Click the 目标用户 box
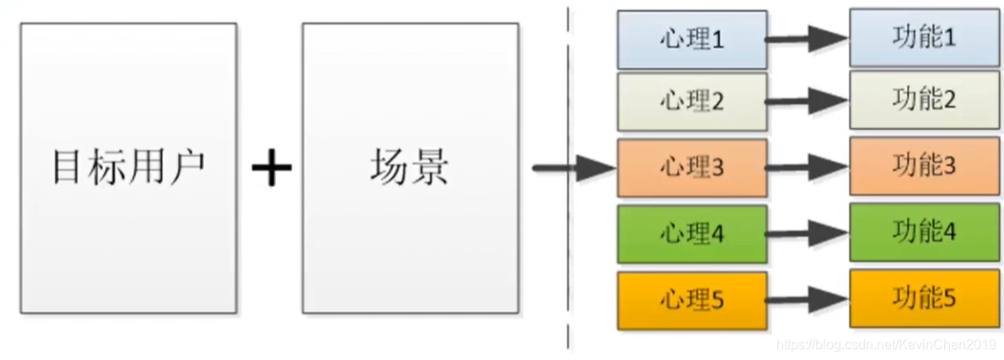[x=128, y=169]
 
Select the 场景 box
[x=410, y=169]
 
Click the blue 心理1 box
[x=691, y=40]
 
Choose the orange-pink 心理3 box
[x=691, y=168]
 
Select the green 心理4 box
[x=691, y=234]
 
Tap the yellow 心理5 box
[x=691, y=299]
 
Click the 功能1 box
[x=923, y=38]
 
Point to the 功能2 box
[x=923, y=101]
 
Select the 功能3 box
[x=923, y=166]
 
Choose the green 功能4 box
[x=923, y=232]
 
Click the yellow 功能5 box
[x=923, y=298]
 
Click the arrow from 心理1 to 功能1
[x=808, y=38]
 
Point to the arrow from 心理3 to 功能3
[x=808, y=167]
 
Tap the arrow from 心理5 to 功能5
[x=808, y=297]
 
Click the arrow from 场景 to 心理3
[x=573, y=169]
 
